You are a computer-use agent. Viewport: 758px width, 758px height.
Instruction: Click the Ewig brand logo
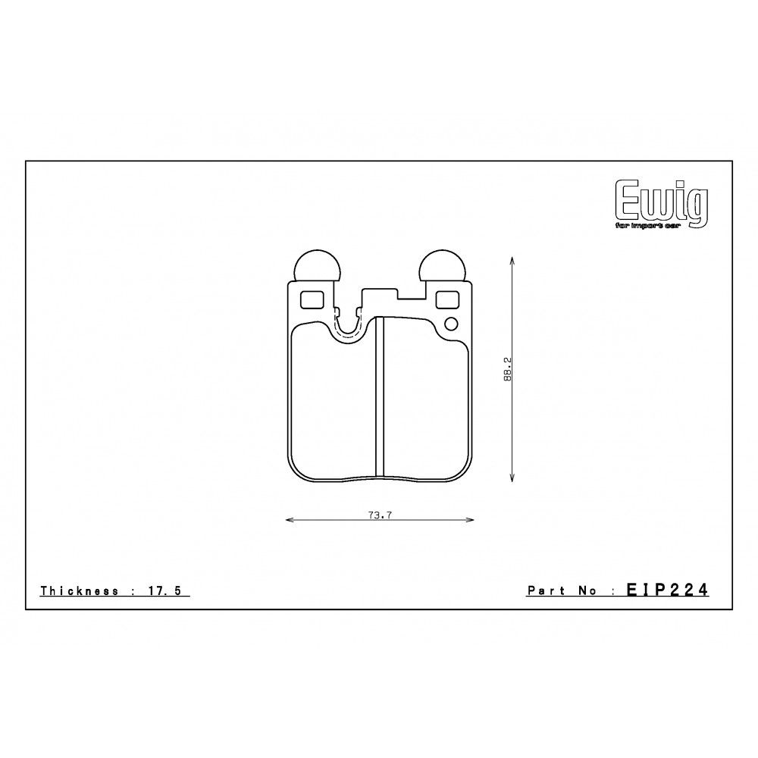[661, 201]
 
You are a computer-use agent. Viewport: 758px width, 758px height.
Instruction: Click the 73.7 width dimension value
[379, 515]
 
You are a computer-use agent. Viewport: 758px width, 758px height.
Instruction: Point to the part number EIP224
[667, 590]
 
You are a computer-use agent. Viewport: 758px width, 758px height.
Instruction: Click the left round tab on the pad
[316, 266]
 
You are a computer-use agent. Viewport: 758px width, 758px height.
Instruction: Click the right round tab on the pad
[443, 266]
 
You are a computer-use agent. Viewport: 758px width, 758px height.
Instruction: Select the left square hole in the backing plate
[312, 300]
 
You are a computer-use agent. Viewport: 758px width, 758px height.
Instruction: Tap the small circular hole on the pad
[451, 325]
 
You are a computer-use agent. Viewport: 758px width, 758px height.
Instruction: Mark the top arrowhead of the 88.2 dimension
[514, 260]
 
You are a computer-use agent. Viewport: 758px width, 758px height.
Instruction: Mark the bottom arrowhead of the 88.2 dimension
[514, 478]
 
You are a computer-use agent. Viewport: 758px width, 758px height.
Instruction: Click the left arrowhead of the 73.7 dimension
[287, 520]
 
